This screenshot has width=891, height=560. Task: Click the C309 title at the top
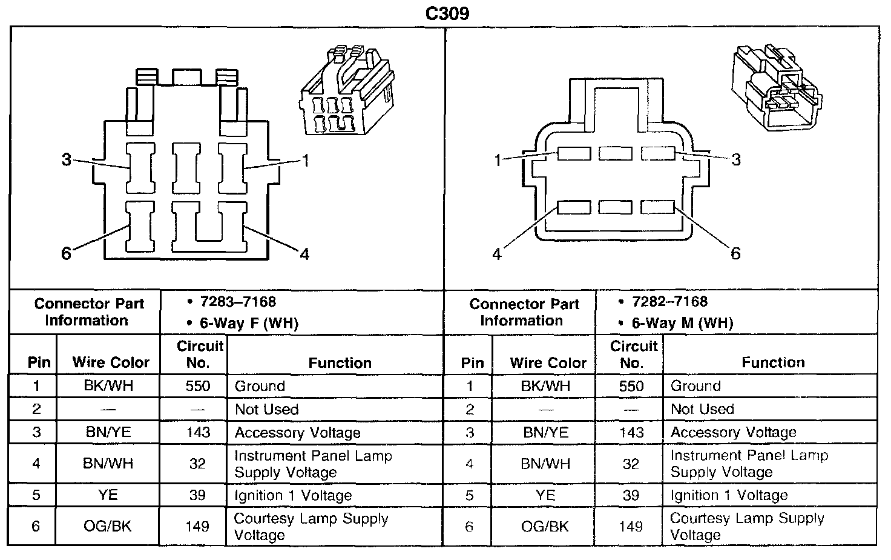click(447, 13)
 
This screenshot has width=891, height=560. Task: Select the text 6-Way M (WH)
click(682, 323)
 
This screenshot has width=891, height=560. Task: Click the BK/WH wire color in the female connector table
click(108, 386)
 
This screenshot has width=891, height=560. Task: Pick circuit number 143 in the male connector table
click(631, 433)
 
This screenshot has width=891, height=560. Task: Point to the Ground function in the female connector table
click(260, 386)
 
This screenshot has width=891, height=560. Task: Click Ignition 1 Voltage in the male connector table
click(729, 495)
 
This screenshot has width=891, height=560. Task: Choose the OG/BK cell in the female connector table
click(108, 526)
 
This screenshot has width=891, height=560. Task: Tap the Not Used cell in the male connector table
click(702, 409)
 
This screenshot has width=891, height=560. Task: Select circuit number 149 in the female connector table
click(197, 526)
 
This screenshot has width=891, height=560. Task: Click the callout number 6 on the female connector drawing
click(66, 253)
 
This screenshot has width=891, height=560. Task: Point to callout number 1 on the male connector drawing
click(498, 161)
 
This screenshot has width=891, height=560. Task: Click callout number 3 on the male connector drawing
click(735, 160)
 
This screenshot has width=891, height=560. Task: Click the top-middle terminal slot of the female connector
click(186, 167)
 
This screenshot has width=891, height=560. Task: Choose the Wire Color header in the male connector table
click(548, 363)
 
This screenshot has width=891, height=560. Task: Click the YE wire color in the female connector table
click(108, 495)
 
